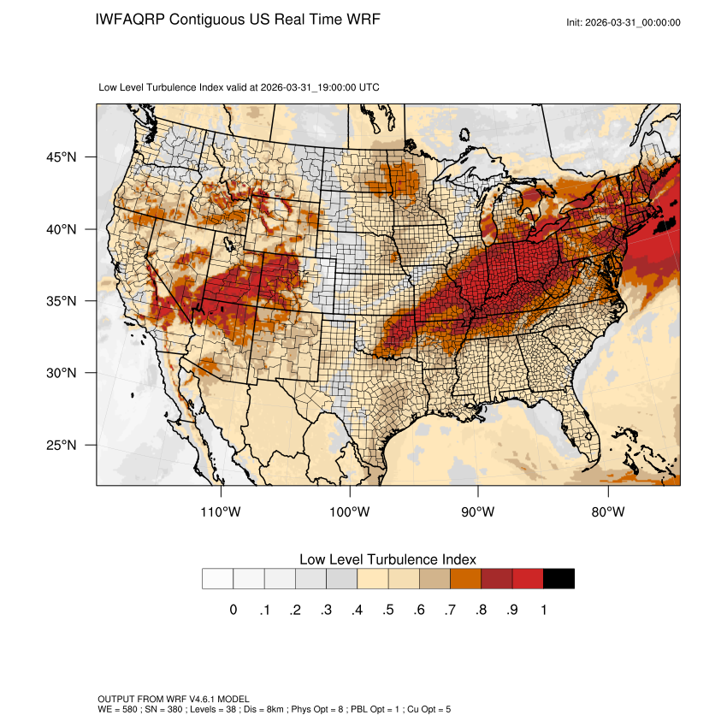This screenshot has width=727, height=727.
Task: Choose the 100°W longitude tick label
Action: coord(350,512)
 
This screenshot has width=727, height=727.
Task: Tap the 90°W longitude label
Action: coord(479,512)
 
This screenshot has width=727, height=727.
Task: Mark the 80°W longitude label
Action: coord(608,512)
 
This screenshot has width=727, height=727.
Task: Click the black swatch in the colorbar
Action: coord(559,579)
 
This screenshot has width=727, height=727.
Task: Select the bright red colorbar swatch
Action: coord(528,579)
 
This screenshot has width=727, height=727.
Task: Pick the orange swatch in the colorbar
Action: coord(466,579)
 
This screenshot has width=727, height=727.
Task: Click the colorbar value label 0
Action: coord(233,610)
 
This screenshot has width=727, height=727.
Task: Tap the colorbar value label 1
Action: coord(544,610)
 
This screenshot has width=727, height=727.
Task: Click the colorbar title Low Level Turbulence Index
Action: coord(387,559)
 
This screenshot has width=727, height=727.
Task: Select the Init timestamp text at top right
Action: coord(624,22)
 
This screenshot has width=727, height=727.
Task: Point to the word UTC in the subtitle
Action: coord(369,87)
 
